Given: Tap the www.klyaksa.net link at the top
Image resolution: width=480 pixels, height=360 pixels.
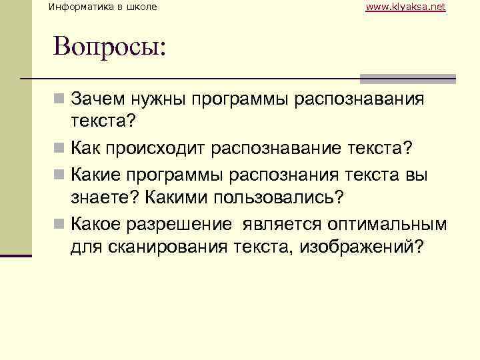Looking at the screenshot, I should pyautogui.click(x=405, y=7).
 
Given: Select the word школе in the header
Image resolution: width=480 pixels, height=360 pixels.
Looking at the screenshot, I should pyautogui.click(x=143, y=7).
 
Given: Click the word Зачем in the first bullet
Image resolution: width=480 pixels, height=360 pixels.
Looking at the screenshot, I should pyautogui.click(x=96, y=100).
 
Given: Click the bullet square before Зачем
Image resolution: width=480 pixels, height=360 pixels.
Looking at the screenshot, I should pyautogui.click(x=60, y=100).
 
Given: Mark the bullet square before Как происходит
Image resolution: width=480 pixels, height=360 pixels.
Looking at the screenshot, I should pyautogui.click(x=60, y=147).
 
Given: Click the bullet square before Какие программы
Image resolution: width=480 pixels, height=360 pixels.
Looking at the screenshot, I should pyautogui.click(x=60, y=174).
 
